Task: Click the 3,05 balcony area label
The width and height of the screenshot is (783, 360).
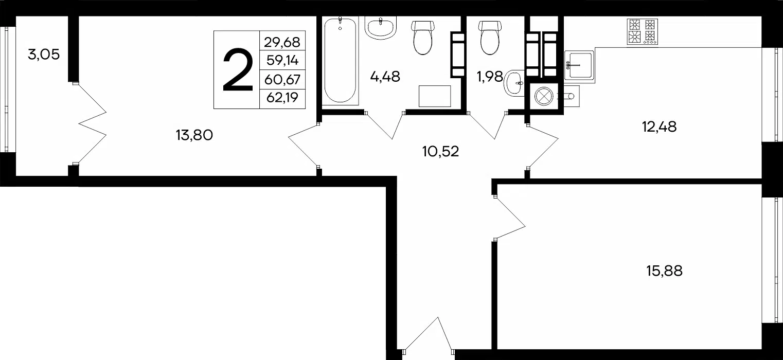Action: point(44,55)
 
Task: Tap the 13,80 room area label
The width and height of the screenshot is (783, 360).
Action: point(194,135)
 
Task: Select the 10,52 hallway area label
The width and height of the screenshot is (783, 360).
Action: point(440,152)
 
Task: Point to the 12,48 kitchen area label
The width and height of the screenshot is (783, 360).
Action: point(659,127)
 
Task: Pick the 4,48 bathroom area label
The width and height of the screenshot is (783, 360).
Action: point(385,77)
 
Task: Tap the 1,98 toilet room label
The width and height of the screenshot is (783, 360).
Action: point(490,77)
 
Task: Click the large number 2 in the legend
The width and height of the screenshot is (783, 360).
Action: point(238,70)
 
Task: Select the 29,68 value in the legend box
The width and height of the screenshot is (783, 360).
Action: point(282,42)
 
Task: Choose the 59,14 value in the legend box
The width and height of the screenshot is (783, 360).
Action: point(282,61)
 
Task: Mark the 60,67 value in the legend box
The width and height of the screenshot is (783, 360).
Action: point(282,80)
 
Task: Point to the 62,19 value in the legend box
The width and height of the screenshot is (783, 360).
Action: point(282,98)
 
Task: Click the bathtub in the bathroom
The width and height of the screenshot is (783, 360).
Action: point(340,61)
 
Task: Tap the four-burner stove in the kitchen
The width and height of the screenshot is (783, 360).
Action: point(643,31)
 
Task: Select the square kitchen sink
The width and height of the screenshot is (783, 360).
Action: point(579,66)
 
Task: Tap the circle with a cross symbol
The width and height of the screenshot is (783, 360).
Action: point(544,96)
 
